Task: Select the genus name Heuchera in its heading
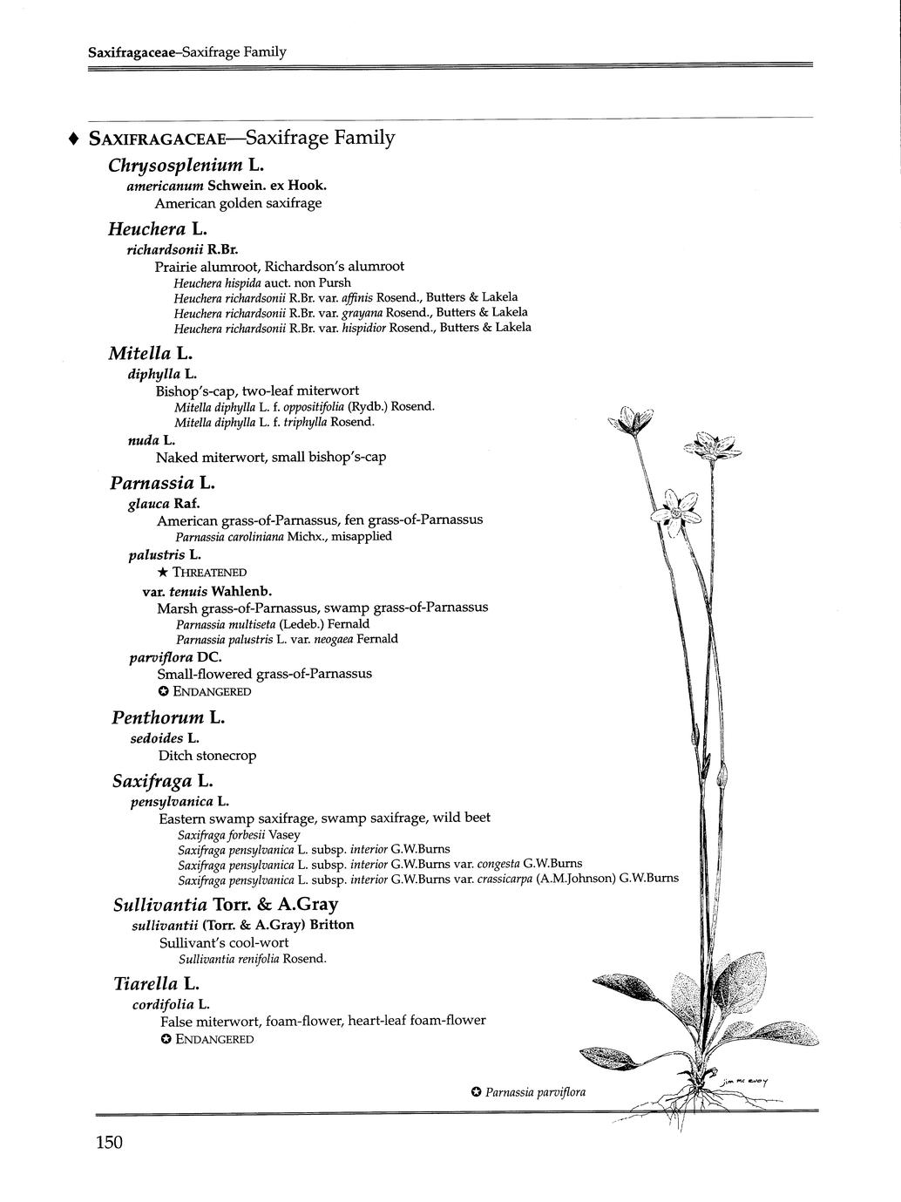[146, 229]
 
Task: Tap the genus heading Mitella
[140, 353]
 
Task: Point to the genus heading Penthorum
[157, 717]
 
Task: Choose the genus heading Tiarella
[146, 983]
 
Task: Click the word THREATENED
[210, 573]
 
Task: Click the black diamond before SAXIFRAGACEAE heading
[74, 139]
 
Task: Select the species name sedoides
[157, 737]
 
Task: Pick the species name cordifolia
[163, 1004]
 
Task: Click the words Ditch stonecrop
[207, 756]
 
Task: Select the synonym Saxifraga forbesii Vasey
[238, 834]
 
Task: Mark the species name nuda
[139, 440]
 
